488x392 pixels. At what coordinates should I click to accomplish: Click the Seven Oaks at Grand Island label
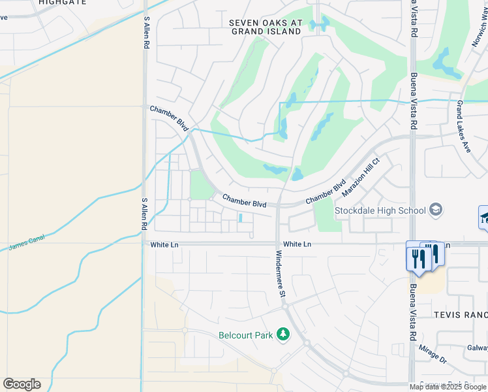pos(266,27)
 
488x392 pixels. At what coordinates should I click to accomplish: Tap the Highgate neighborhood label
pos(62,3)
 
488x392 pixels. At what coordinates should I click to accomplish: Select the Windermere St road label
pos(280,274)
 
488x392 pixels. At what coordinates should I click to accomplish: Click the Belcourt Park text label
pos(245,335)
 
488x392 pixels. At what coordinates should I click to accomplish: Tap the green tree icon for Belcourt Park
pos(282,335)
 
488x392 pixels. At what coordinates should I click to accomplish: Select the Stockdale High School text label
pos(380,210)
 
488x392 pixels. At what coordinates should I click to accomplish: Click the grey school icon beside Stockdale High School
pos(436,210)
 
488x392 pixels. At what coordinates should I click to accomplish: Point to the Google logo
pos(22,384)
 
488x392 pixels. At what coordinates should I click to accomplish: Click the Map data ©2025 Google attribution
pos(448,387)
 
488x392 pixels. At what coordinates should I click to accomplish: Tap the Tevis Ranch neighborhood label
pos(461,315)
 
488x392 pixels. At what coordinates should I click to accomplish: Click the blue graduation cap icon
pos(485,218)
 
